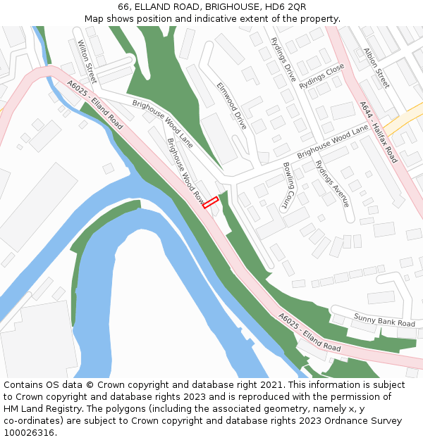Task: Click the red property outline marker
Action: click(x=211, y=202)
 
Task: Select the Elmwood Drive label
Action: click(x=232, y=106)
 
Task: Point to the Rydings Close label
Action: click(x=321, y=76)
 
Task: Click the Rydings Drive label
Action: click(x=283, y=60)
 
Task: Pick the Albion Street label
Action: click(x=376, y=68)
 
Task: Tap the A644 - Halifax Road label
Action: click(x=379, y=132)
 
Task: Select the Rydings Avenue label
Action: click(x=332, y=183)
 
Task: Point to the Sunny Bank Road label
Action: click(x=384, y=320)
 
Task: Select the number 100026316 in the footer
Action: click(x=29, y=433)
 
